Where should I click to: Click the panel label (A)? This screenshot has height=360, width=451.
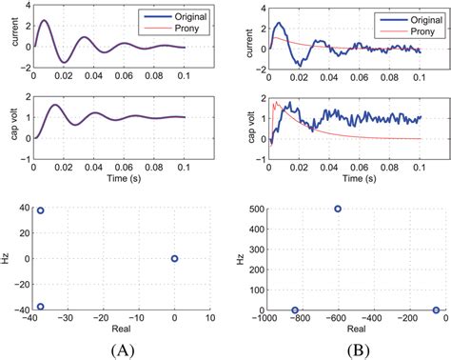tap(123, 349)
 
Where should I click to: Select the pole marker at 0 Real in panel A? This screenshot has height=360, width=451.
tap(174, 258)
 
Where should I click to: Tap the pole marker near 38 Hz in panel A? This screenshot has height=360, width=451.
tap(41, 210)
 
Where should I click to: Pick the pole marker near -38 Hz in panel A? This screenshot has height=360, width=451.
tap(41, 307)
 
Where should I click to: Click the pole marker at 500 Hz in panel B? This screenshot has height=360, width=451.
tap(338, 209)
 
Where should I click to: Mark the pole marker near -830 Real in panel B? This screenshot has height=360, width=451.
tap(295, 310)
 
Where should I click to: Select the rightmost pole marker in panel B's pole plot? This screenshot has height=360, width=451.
tap(436, 310)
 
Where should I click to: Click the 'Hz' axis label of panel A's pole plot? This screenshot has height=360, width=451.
tap(8, 258)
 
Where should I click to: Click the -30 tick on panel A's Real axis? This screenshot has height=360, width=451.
tap(69, 321)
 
